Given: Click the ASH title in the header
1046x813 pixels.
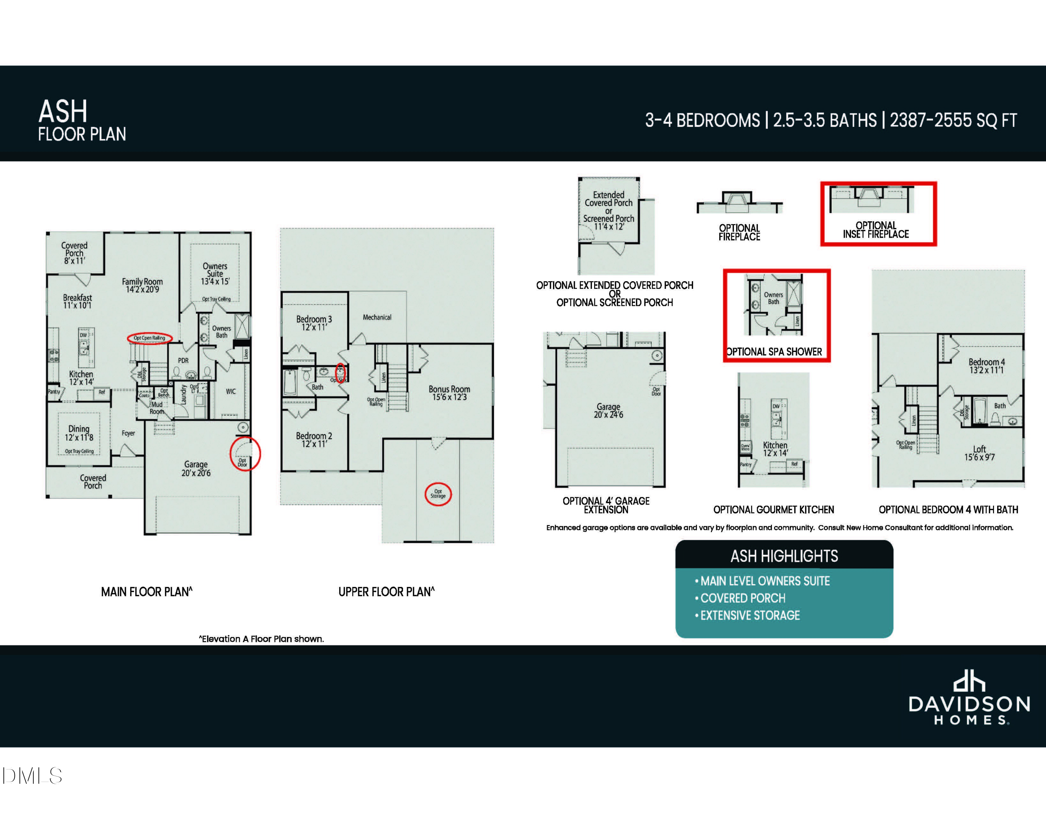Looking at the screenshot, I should coord(63,112).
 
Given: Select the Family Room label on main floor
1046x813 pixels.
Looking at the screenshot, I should coord(142,285).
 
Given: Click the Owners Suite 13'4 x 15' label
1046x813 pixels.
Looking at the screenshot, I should coord(215,274).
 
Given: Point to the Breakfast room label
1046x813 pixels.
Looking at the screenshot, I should coord(77,301).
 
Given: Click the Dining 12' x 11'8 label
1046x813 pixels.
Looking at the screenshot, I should coord(79,433).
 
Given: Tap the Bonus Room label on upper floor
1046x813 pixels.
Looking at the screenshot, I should coord(449,393).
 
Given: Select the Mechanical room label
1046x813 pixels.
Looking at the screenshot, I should coord(377,317).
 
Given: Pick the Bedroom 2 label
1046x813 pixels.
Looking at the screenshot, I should coord(314,439).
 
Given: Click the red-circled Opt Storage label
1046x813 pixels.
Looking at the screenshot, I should coord(438,494).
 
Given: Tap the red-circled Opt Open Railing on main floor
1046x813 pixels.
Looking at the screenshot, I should coord(150,338).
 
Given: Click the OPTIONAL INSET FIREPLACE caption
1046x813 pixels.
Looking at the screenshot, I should coord(876,230).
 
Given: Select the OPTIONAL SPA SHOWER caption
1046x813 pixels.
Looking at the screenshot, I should coord(774,352).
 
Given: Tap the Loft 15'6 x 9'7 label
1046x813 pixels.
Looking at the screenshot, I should coord(979,453).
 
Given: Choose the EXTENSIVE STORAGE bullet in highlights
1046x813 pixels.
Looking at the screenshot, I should coord(750,615).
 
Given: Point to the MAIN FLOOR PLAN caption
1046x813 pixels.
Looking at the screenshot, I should coord(146,592).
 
